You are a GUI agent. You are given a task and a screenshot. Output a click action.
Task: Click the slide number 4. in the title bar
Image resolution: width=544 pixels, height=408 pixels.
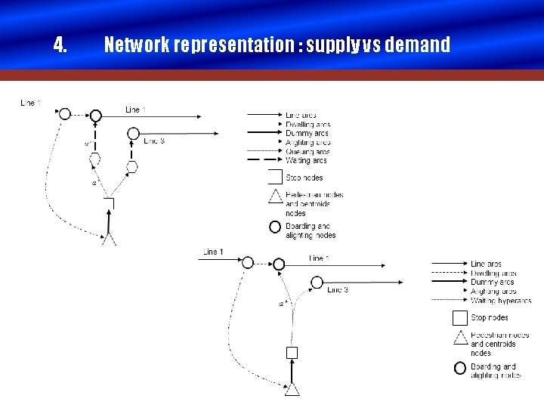pyautogui.click(x=60, y=45)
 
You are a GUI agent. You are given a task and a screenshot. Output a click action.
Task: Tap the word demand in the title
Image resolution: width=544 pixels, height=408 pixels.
pyautogui.click(x=418, y=45)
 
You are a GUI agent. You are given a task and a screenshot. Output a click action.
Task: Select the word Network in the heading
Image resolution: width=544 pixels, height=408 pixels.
pyautogui.click(x=137, y=45)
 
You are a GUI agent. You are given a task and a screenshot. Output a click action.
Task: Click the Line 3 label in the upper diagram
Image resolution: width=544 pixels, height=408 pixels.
pyautogui.click(x=154, y=141)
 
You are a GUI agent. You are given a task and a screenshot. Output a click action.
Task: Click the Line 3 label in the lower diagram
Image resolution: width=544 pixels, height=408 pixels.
pyautogui.click(x=338, y=289)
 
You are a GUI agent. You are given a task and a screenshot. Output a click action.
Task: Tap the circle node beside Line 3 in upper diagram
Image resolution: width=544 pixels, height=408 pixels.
pyautogui.click(x=133, y=133)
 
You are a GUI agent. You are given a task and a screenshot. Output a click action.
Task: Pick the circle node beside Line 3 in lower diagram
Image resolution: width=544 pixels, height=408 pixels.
pyautogui.click(x=317, y=283)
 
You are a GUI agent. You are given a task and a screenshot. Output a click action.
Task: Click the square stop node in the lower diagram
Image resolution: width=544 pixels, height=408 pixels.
pyautogui.click(x=292, y=352)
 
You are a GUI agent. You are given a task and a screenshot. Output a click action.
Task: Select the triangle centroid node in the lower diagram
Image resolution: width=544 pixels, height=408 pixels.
pyautogui.click(x=292, y=390)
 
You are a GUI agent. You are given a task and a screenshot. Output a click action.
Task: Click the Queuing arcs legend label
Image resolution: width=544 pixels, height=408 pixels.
pyautogui.click(x=308, y=151)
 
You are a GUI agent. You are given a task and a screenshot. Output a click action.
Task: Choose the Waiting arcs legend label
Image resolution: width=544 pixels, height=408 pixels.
pyautogui.click(x=306, y=160)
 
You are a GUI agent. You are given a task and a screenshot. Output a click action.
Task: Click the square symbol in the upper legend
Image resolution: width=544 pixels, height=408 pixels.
pyautogui.click(x=275, y=178)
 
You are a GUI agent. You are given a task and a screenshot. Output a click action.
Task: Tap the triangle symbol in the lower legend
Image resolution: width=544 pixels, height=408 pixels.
pyautogui.click(x=460, y=338)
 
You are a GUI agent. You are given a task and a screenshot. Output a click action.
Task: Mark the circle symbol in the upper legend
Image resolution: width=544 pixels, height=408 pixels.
pyautogui.click(x=275, y=227)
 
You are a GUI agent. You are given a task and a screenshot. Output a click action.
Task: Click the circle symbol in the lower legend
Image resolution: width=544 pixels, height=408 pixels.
pyautogui.click(x=460, y=369)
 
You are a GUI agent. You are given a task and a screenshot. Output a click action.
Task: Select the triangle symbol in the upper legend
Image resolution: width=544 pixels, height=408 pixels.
pyautogui.click(x=275, y=198)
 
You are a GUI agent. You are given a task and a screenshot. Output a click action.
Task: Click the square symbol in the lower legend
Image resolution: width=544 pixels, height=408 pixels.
pyautogui.click(x=459, y=318)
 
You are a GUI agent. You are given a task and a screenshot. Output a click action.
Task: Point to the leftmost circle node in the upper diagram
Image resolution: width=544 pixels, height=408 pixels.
pyautogui.click(x=65, y=113)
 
